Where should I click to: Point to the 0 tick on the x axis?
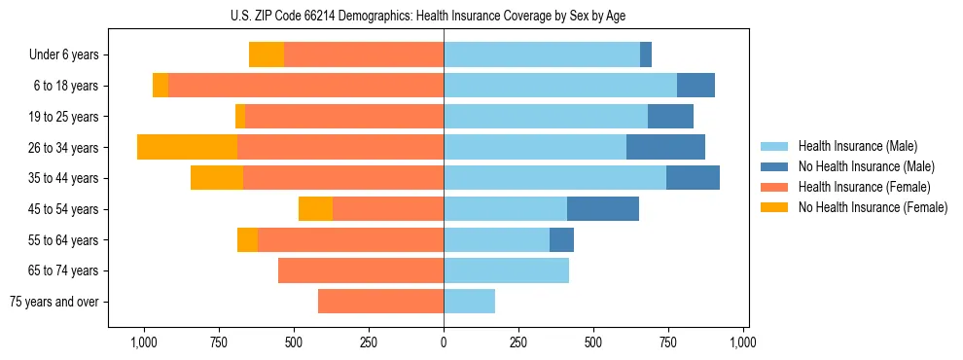tap(444, 342)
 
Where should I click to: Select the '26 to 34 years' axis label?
tap(65, 148)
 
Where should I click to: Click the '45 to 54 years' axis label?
tap(65, 209)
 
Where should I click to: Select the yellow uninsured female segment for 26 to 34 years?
tap(187, 147)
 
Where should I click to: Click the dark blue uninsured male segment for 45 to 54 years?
tap(603, 208)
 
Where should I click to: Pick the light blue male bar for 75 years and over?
tap(469, 302)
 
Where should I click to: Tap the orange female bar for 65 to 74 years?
tap(361, 270)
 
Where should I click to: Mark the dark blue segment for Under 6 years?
tap(646, 54)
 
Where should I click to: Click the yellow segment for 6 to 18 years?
tap(160, 86)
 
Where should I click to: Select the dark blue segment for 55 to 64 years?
tap(561, 239)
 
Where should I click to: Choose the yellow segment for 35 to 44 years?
tap(217, 178)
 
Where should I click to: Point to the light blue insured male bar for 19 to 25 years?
tap(546, 117)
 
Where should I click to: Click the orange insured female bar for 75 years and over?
tap(380, 302)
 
